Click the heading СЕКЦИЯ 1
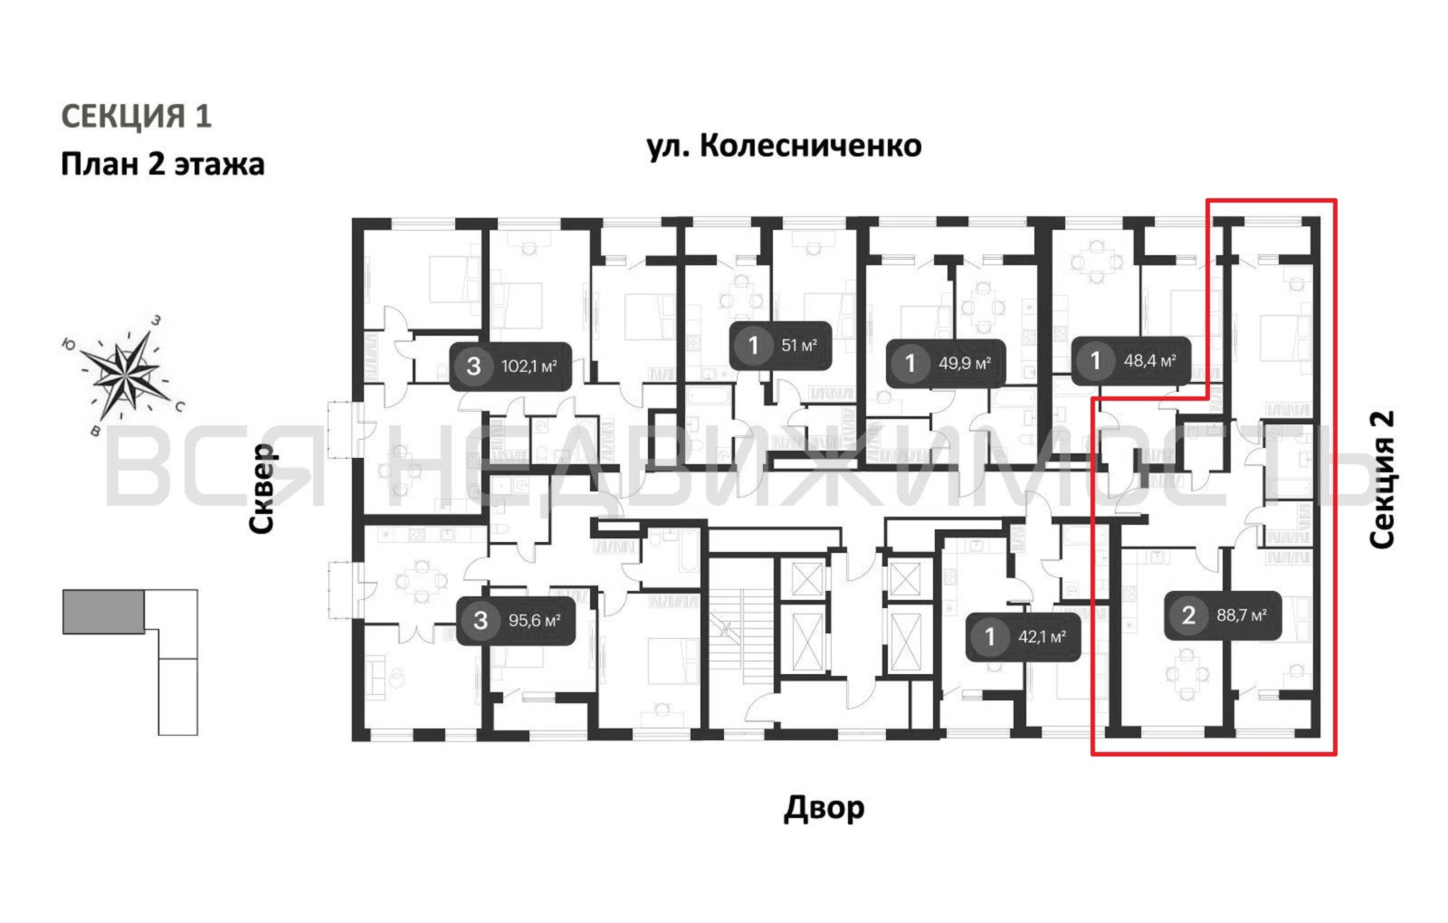pos(137,116)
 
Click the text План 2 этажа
pos(162,164)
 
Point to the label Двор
pos(824,808)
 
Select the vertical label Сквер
pos(262,488)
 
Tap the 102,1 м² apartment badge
pos(511,366)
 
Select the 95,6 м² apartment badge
pos(515,621)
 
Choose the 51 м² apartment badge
pos(781,346)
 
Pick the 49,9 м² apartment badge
pos(945,363)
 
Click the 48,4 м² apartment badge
pos(1130,361)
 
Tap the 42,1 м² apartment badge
pos(1023,637)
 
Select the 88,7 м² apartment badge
pos(1223,615)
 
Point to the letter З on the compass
pos(156,320)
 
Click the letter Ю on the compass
pos(69,344)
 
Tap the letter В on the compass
pos(95,431)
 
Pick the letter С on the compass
pos(180,407)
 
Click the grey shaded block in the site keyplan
pos(103,611)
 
